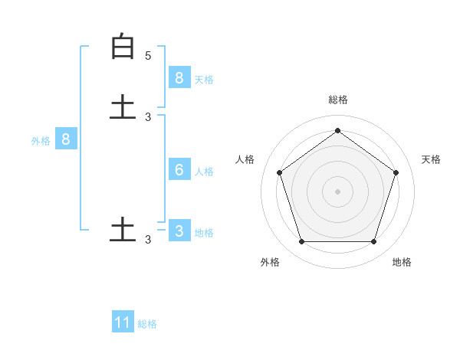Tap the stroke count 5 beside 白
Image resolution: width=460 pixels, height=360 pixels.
pos(148,55)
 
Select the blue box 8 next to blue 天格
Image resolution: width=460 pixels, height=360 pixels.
pos(179,78)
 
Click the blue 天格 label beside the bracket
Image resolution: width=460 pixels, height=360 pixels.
pos(204,79)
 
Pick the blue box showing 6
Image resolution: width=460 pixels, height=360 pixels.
pos(179,170)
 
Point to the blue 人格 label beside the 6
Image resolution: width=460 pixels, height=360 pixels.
pos(204,171)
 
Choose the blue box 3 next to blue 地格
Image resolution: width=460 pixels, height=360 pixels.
pos(179,231)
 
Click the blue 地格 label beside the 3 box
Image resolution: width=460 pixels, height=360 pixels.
pos(204,232)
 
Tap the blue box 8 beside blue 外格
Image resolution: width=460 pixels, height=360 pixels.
pos(66,139)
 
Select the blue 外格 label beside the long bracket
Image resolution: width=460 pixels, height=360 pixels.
pos(41,141)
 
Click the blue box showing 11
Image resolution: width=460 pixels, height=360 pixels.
pos(123,322)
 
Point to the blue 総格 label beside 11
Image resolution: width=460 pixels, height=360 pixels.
pos(147,324)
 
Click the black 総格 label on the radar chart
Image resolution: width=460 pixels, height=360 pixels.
pos(337,100)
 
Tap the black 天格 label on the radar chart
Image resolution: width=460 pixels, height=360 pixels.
pos(431,159)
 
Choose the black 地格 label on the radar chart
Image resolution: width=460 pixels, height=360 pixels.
pos(402,262)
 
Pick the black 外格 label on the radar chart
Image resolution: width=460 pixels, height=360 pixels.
pos(270,262)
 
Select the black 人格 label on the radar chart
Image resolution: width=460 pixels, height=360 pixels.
pos(245,159)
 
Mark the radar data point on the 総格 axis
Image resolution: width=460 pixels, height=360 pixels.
pos(337,130)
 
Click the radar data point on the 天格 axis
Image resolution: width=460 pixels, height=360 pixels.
pos(396,172)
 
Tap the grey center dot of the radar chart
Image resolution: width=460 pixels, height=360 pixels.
pos(337,191)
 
